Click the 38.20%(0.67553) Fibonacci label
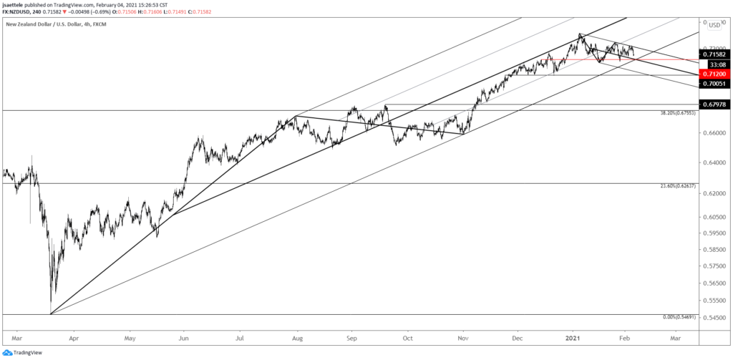(x=675, y=114)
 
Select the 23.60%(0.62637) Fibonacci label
(x=675, y=187)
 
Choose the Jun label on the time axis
(x=184, y=335)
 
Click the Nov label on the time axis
(x=463, y=335)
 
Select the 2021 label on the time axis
(x=574, y=335)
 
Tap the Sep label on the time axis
(x=351, y=335)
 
